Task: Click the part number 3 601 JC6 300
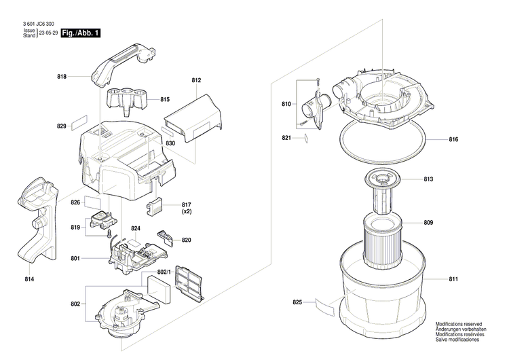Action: pos(34,22)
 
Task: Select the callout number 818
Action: pos(62,77)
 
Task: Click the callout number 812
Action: pos(197,81)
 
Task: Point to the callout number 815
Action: pos(164,100)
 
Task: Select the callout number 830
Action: pos(170,143)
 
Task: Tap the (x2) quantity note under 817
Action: pos(187,212)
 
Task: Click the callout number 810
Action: pos(286,104)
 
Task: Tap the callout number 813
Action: pos(447,180)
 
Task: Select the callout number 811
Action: pos(453,278)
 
